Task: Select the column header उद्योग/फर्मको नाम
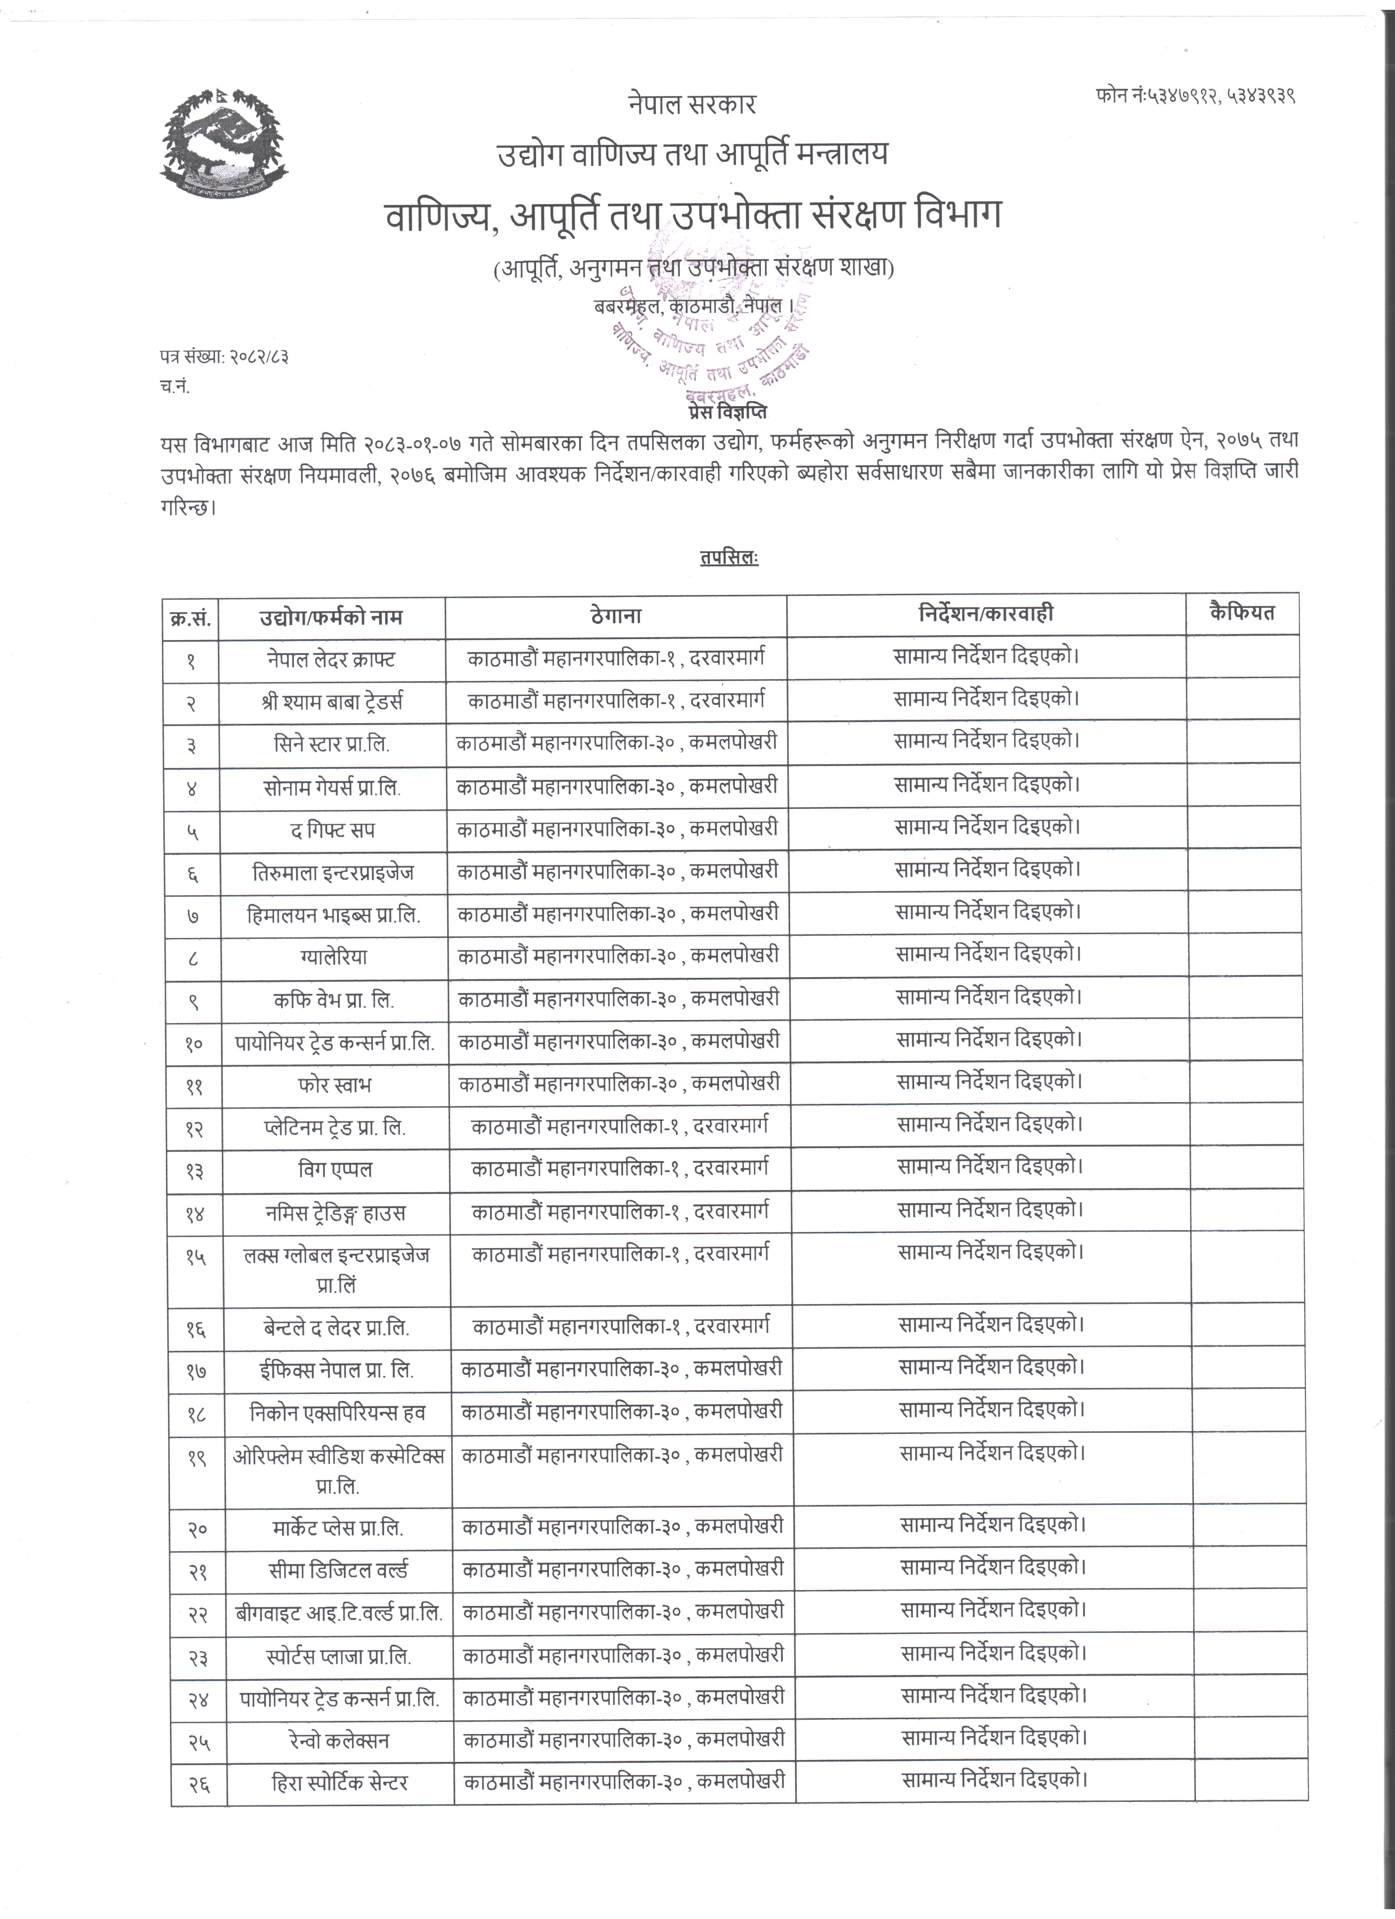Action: point(331,617)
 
